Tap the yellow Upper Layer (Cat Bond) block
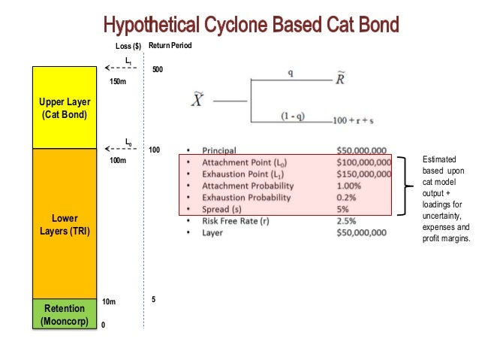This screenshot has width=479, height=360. pyautogui.click(x=64, y=107)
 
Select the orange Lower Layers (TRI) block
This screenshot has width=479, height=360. pyautogui.click(x=64, y=224)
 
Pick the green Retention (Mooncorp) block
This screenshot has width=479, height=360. pyautogui.click(x=64, y=314)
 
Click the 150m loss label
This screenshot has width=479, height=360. pyautogui.click(x=118, y=82)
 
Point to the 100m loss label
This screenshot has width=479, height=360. pyautogui.click(x=118, y=161)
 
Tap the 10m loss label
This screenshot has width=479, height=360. pyautogui.click(x=110, y=302)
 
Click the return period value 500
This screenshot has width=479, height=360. pyautogui.click(x=158, y=69)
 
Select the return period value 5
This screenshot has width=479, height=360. pyautogui.click(x=154, y=299)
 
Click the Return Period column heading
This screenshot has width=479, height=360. pyautogui.click(x=170, y=46)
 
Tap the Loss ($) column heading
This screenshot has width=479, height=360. pyautogui.click(x=128, y=46)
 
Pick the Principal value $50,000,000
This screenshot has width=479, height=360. pyautogui.click(x=363, y=149)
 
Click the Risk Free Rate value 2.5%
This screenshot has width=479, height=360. pyautogui.click(x=348, y=220)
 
